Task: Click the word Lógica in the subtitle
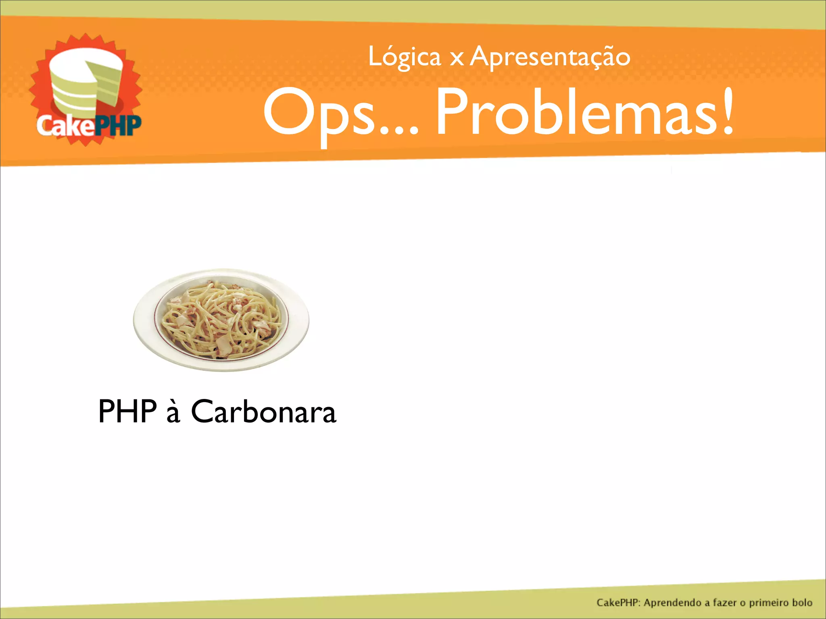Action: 405,58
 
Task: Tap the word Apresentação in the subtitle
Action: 550,58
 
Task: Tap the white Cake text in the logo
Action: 65,126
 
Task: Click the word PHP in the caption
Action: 127,411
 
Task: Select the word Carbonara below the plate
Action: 263,411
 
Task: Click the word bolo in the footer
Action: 802,602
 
